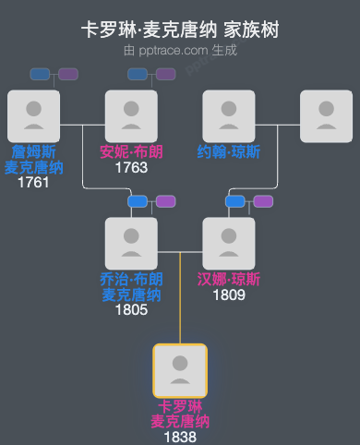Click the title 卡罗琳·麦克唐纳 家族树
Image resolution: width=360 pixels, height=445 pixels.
click(x=180, y=30)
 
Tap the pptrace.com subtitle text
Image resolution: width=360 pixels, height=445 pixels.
click(x=180, y=50)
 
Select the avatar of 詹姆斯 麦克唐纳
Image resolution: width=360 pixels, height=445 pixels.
click(x=33, y=116)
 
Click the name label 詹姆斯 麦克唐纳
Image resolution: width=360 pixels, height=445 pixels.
click(x=33, y=159)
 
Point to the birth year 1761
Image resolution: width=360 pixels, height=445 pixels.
click(x=33, y=182)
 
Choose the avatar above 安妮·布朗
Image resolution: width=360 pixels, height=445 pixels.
click(x=131, y=116)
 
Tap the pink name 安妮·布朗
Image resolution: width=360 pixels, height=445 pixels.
click(x=131, y=151)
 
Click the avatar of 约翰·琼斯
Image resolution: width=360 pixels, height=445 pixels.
click(x=229, y=116)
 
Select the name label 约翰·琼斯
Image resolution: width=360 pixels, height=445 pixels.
click(x=229, y=151)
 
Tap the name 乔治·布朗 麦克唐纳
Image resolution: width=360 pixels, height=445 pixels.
click(x=131, y=286)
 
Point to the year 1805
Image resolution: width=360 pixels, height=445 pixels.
click(x=131, y=310)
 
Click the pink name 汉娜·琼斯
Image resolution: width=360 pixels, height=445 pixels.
click(x=229, y=279)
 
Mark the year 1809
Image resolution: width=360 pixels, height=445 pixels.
click(x=229, y=295)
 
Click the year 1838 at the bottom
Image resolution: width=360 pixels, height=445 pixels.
click(x=180, y=437)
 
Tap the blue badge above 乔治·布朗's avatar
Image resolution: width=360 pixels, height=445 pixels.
click(x=138, y=201)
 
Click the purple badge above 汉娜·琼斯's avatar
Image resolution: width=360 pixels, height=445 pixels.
click(x=263, y=201)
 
